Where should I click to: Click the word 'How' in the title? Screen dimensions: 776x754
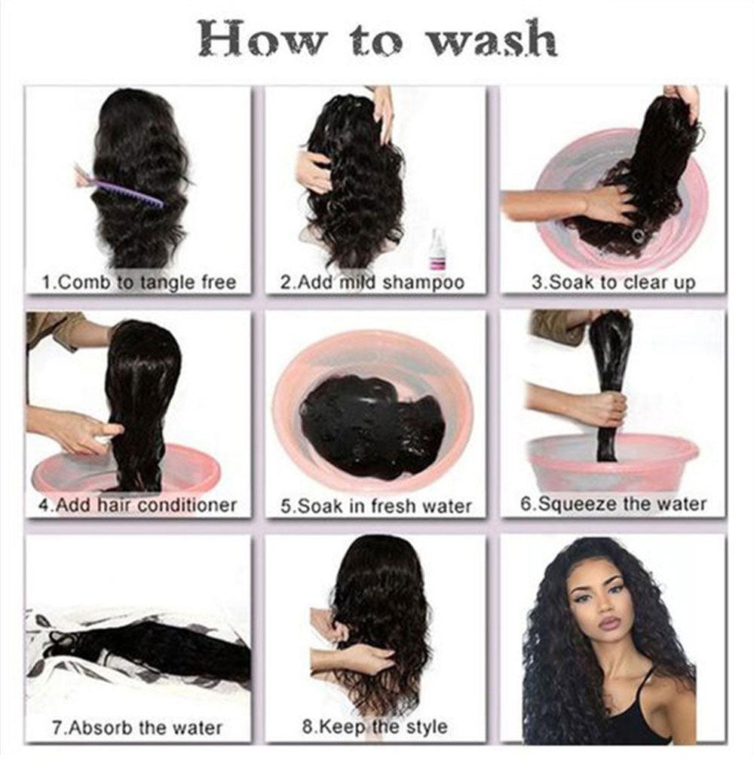pyautogui.click(x=250, y=40)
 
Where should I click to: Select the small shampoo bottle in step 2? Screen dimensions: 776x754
pyautogui.click(x=436, y=250)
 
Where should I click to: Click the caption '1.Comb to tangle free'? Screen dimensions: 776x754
pyautogui.click(x=139, y=283)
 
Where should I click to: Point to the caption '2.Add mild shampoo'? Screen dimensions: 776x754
pyautogui.click(x=372, y=283)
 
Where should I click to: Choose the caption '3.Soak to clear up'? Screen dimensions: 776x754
pyautogui.click(x=613, y=283)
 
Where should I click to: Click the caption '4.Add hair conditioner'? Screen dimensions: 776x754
pyautogui.click(x=137, y=505)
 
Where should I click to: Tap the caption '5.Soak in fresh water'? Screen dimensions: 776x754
pyautogui.click(x=375, y=506)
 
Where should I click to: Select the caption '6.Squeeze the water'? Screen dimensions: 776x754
pyautogui.click(x=613, y=503)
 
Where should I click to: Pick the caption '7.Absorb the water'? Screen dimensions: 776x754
pyautogui.click(x=137, y=728)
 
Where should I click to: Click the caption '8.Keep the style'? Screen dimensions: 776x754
pyautogui.click(x=374, y=727)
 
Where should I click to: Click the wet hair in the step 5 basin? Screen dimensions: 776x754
pyautogui.click(x=369, y=426)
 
